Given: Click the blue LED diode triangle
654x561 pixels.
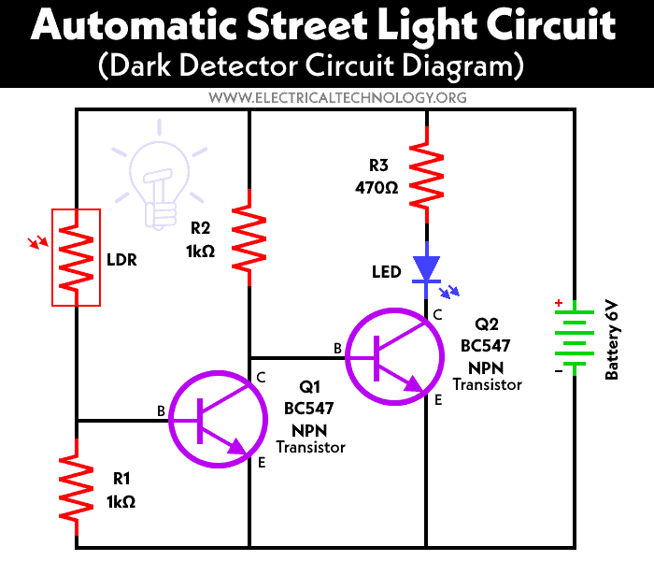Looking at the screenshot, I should click(x=427, y=266).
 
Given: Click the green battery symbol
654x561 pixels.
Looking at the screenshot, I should click(x=573, y=338).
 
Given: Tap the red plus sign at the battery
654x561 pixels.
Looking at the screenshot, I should click(x=559, y=303).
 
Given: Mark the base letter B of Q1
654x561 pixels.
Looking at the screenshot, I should click(x=161, y=410).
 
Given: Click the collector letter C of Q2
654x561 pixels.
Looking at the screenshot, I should click(x=436, y=315).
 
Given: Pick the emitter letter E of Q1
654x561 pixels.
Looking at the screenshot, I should click(x=262, y=463).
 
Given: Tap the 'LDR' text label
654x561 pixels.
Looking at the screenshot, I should click(x=121, y=260).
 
